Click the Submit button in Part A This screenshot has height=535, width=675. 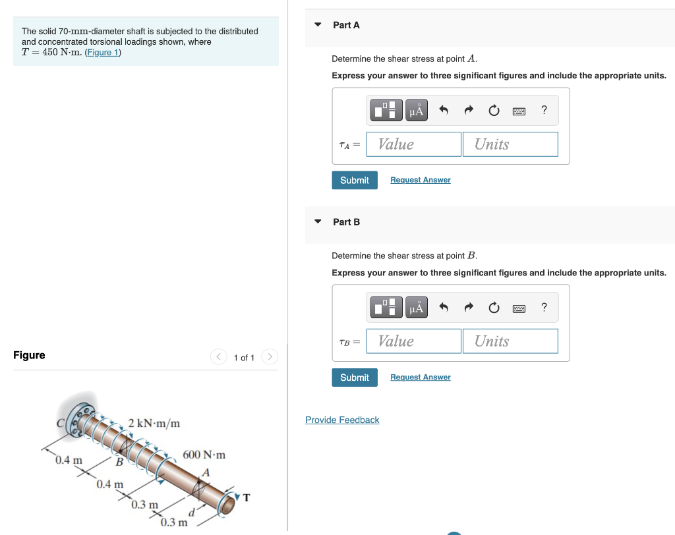click(355, 180)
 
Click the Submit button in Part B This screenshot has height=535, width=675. click(355, 378)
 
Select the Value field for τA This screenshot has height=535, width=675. click(414, 144)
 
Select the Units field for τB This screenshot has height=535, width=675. click(510, 341)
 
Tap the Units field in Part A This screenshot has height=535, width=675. click(510, 144)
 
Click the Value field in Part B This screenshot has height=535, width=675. click(414, 341)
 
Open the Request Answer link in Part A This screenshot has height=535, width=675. click(421, 180)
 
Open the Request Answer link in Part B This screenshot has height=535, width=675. click(421, 378)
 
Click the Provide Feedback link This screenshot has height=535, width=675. click(342, 420)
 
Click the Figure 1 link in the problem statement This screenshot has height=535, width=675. click(102, 53)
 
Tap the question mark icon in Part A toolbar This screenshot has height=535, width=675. click(544, 110)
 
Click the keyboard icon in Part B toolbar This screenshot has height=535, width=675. click(519, 308)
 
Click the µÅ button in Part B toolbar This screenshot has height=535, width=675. click(416, 308)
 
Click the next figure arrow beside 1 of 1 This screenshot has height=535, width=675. click(269, 357)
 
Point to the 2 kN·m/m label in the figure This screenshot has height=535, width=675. click(154, 422)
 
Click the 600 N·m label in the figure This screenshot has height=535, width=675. click(204, 455)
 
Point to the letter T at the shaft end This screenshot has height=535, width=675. click(247, 497)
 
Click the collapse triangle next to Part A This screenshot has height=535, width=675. click(318, 25)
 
